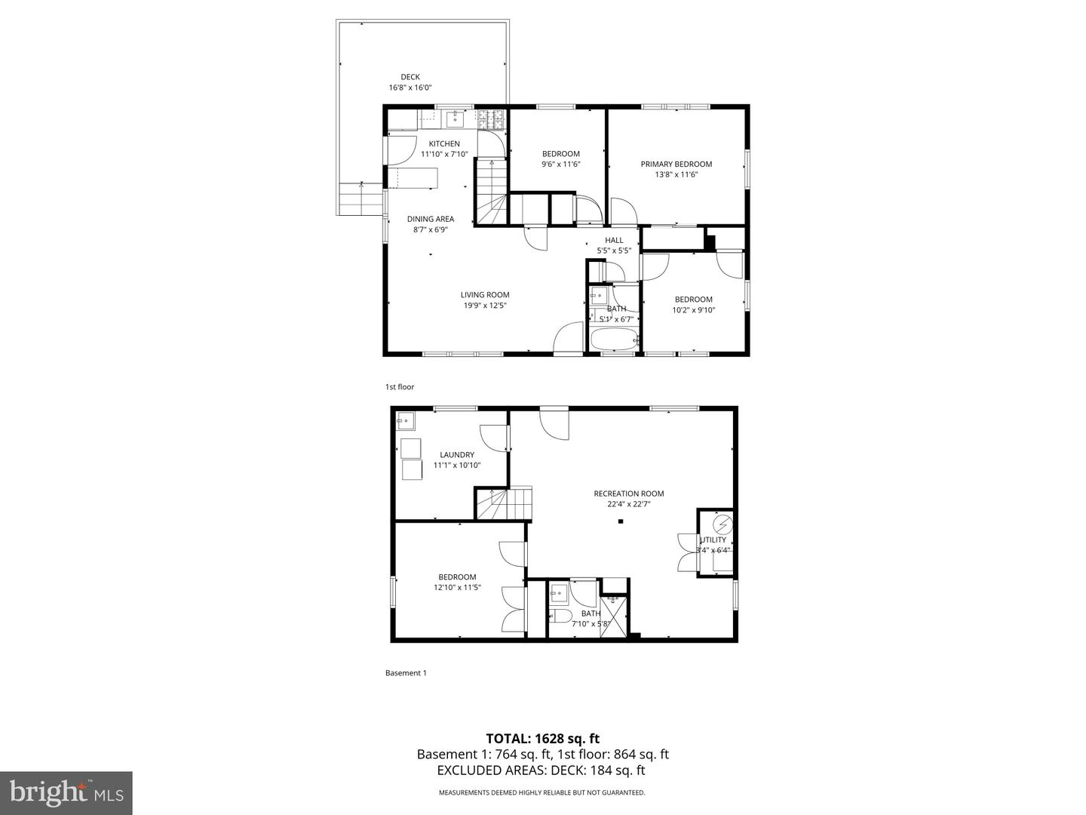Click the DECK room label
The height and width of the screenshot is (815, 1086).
(x=410, y=77)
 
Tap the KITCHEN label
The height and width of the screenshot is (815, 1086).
(x=444, y=144)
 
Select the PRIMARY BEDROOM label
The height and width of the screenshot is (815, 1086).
(x=676, y=165)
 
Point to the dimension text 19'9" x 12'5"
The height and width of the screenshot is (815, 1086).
(x=485, y=306)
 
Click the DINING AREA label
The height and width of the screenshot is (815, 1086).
(x=431, y=220)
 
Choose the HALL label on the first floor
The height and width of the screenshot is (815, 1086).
(x=614, y=241)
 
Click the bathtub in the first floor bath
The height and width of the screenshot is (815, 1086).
(x=614, y=340)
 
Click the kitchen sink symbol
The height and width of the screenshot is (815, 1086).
(x=456, y=118)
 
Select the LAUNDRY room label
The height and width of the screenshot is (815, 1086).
(x=457, y=455)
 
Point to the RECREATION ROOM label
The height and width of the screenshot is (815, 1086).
(x=628, y=494)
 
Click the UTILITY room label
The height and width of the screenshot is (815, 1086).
(x=713, y=540)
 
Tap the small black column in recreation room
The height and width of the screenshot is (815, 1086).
(x=621, y=521)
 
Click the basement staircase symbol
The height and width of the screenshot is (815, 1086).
(x=503, y=503)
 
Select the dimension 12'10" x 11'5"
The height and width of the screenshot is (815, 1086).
(x=457, y=587)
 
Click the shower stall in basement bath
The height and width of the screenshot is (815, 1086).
(x=614, y=617)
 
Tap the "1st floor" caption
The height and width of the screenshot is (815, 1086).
(x=400, y=387)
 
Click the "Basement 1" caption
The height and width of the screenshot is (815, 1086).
(x=406, y=673)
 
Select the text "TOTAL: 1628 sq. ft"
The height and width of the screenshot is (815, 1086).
(x=542, y=739)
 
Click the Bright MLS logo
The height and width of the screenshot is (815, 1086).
(x=66, y=792)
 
